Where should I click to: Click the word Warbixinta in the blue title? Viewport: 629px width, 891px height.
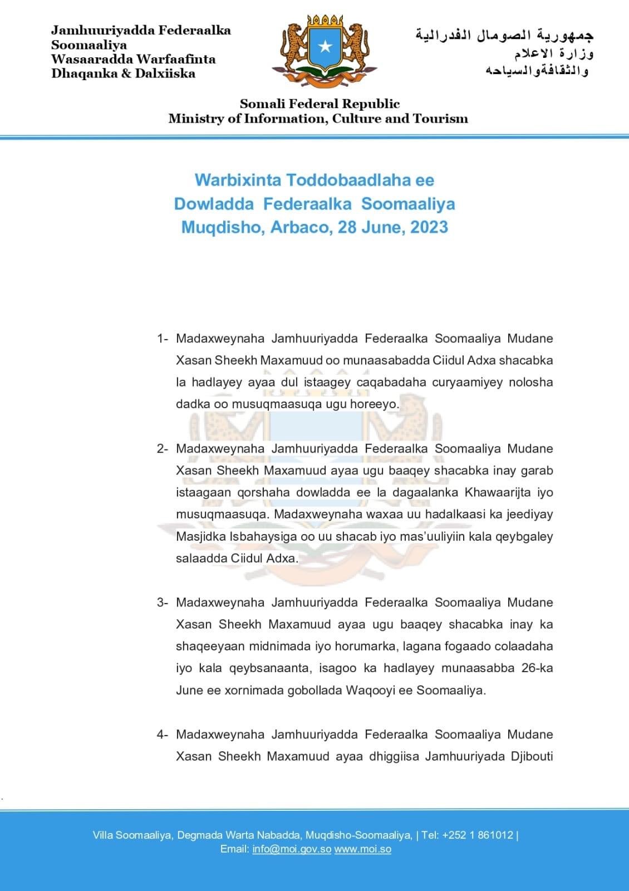238,180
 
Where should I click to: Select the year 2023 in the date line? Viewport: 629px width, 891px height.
429,227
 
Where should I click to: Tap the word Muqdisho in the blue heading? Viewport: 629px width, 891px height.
223,227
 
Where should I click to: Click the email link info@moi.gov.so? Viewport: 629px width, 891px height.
292,849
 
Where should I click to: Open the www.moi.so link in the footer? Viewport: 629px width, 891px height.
362,849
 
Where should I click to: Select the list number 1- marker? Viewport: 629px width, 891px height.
163,339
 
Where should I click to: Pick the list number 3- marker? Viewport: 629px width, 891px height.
163,603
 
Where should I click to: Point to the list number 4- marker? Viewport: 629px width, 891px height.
163,735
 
